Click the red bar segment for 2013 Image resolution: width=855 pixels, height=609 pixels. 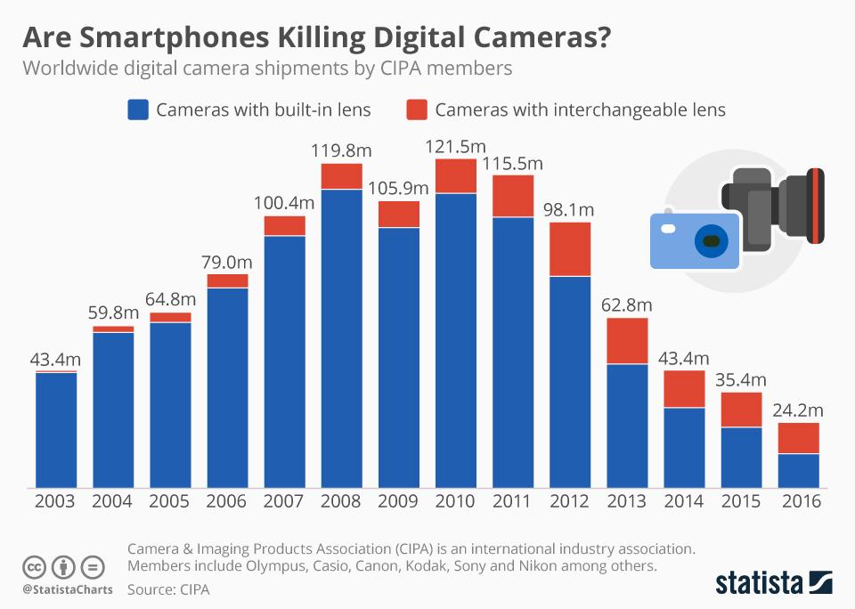click(627, 341)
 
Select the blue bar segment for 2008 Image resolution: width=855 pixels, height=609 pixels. click(342, 338)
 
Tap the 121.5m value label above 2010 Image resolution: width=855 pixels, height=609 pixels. click(455, 147)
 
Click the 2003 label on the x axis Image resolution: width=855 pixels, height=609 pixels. click(55, 501)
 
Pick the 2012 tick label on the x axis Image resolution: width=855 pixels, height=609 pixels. click(570, 501)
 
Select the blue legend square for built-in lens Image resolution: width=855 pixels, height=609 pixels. click(138, 110)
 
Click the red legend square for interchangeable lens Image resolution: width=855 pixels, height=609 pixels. click(417, 110)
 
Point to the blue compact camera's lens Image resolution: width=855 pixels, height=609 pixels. click(710, 241)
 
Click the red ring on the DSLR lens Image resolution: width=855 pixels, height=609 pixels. click(817, 206)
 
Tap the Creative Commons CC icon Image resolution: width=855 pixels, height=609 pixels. click(35, 566)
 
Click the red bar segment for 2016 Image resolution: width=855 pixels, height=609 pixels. click(798, 438)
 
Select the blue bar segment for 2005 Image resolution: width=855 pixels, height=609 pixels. click(170, 405)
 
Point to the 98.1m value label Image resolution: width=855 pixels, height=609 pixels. click(569, 210)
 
